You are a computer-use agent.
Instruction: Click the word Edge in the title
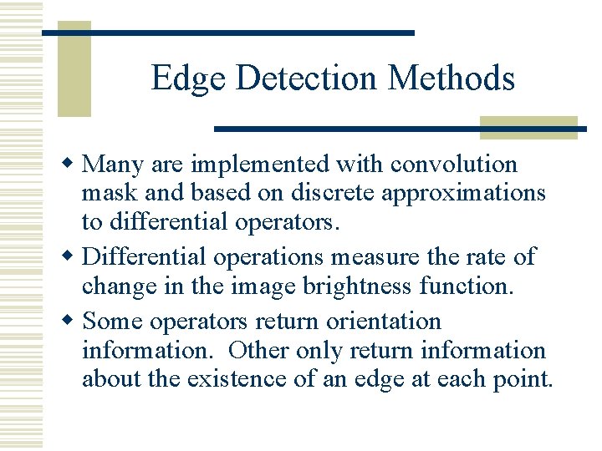190,79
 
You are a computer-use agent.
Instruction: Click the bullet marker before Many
74,165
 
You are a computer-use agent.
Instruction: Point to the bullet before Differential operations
74,257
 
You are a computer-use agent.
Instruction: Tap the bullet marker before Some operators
74,321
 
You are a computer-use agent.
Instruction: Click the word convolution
454,165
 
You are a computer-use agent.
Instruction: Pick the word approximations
464,194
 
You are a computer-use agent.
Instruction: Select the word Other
259,351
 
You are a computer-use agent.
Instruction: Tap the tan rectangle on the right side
528,127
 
